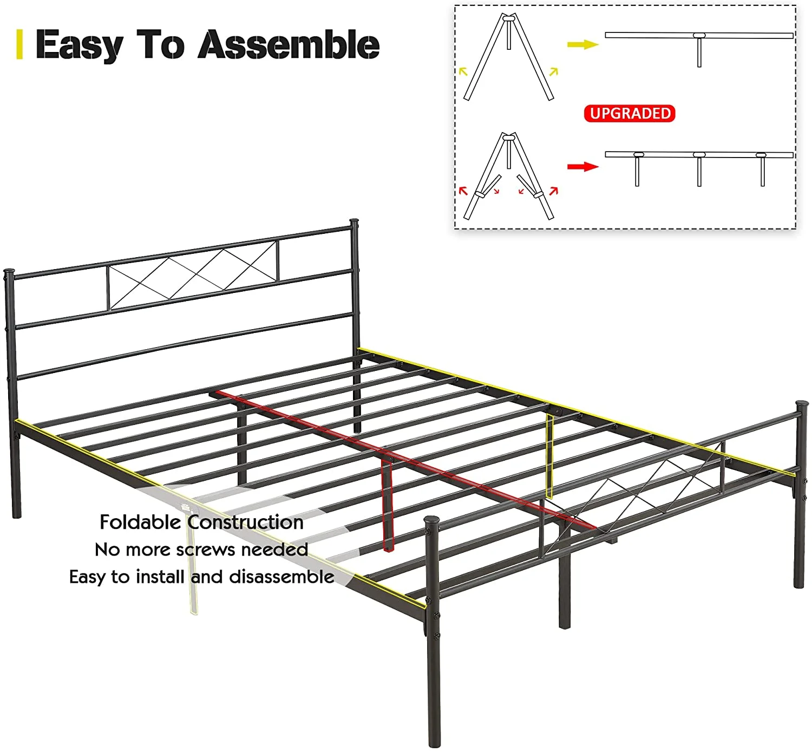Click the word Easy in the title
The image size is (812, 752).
tap(79, 45)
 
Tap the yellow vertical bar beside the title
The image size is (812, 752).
tap(20, 44)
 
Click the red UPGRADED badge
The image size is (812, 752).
tap(630, 114)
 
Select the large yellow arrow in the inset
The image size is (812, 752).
tap(582, 44)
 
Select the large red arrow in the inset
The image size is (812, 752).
tap(582, 167)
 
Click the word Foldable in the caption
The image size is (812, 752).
tap(140, 522)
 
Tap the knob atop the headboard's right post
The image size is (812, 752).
tap(354, 223)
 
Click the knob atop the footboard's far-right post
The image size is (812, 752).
tap(801, 406)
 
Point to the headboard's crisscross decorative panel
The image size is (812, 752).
tap(193, 276)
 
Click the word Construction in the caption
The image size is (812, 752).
tap(245, 522)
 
